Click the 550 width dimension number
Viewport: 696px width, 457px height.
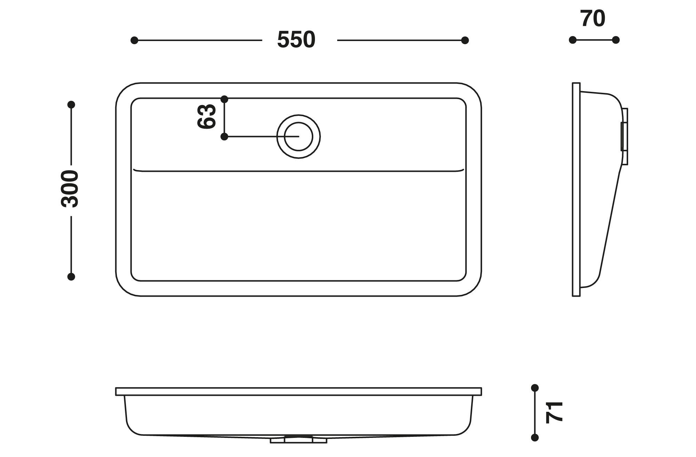click(296, 40)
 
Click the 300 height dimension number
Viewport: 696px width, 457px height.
click(70, 189)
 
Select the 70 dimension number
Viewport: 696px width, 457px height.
click(593, 19)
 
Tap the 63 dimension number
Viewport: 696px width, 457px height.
click(207, 117)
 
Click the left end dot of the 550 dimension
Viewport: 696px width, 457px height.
click(134, 40)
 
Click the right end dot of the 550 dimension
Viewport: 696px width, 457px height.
click(465, 40)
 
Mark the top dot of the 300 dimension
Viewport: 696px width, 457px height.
click(71, 105)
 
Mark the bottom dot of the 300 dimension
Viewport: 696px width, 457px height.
click(71, 277)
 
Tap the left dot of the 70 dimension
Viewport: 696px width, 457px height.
click(572, 40)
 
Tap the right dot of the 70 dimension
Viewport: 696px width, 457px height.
click(616, 40)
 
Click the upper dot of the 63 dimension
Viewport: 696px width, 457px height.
click(224, 99)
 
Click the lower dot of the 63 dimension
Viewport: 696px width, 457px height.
click(224, 137)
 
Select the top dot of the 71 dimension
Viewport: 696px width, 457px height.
click(535, 388)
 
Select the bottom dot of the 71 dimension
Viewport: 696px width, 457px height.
click(535, 438)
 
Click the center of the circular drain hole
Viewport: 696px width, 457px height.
click(299, 137)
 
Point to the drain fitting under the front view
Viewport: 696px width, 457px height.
click(299, 440)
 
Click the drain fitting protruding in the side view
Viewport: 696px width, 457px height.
click(625, 136)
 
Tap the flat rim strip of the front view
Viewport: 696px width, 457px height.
click(299, 392)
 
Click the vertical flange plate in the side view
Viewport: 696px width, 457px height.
click(576, 190)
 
